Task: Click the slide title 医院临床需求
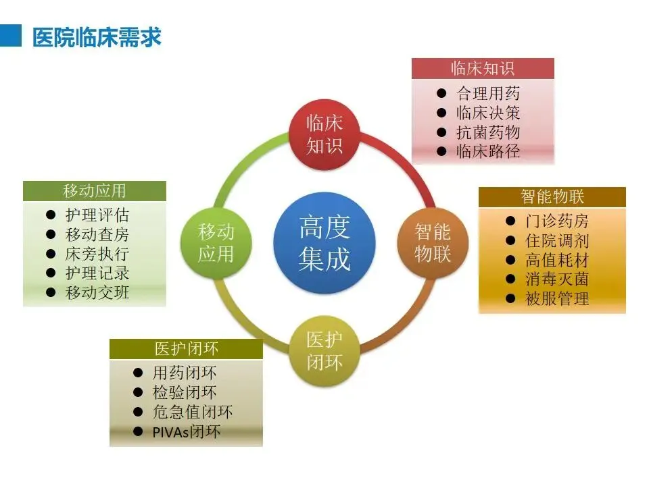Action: pos(97,36)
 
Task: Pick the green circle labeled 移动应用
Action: pos(216,242)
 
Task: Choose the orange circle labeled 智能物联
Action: pos(433,242)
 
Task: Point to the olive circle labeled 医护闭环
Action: pos(324,350)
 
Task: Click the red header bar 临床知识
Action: pos(483,68)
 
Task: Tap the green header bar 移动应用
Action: pos(94,191)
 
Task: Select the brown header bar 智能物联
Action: pos(552,197)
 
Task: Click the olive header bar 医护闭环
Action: pos(186,349)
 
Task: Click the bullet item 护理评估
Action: pos(97,215)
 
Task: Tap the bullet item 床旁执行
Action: pos(97,254)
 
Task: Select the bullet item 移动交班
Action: pos(97,293)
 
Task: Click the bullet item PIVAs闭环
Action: pos(186,432)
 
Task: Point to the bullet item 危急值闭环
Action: pos(192,412)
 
